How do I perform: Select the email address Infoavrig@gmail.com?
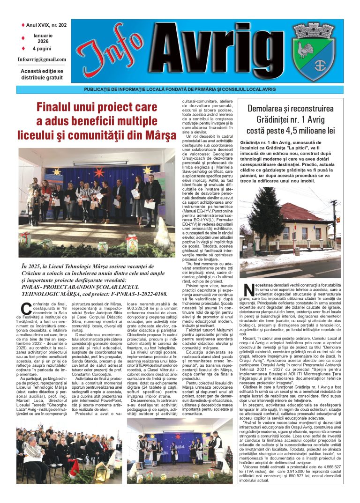click(42, 59)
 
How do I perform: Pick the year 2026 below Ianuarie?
click(43, 41)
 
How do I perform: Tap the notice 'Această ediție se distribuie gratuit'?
click(41, 74)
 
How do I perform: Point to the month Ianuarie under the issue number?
click(43, 34)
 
